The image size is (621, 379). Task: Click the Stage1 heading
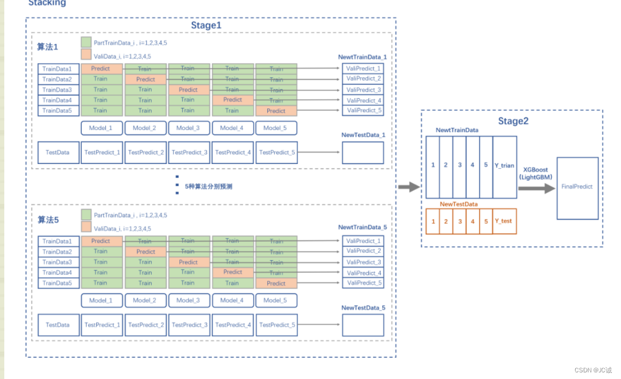tap(206, 26)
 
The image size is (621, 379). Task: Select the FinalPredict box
tap(577, 187)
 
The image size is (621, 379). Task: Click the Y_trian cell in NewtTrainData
tap(504, 166)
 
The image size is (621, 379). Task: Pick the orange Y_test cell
tap(503, 221)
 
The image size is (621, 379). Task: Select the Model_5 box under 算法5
tap(276, 300)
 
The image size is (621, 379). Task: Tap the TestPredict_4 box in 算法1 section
tap(233, 152)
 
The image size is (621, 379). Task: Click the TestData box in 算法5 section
tap(58, 325)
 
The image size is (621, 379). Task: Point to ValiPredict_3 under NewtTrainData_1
tap(363, 90)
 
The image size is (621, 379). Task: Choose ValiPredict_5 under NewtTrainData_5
tap(363, 283)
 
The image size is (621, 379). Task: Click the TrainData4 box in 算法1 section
tap(58, 100)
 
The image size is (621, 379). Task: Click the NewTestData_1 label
tap(363, 135)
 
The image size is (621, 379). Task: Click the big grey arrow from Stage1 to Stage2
tap(409, 187)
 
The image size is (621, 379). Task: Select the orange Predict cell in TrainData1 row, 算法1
tap(101, 69)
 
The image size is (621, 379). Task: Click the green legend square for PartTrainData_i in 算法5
tap(85, 215)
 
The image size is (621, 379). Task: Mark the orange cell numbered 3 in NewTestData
tap(460, 221)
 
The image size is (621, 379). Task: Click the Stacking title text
tap(47, 3)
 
